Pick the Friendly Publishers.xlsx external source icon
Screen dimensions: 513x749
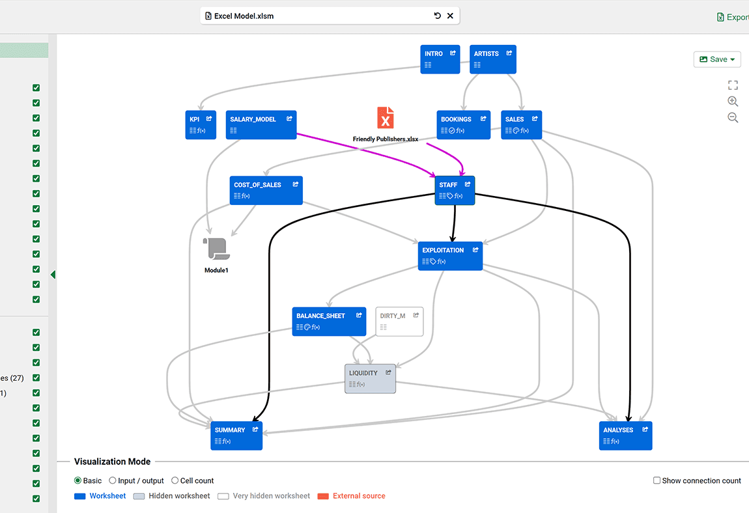click(x=386, y=118)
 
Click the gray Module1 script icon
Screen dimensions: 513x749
click(x=216, y=249)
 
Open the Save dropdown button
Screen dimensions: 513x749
click(x=717, y=59)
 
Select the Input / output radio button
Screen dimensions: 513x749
click(x=113, y=480)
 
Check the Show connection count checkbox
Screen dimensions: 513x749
click(x=657, y=480)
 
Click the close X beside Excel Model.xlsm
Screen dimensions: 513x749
click(x=450, y=16)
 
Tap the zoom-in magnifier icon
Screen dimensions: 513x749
click(x=733, y=102)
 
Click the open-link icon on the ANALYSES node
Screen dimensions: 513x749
click(x=645, y=430)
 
